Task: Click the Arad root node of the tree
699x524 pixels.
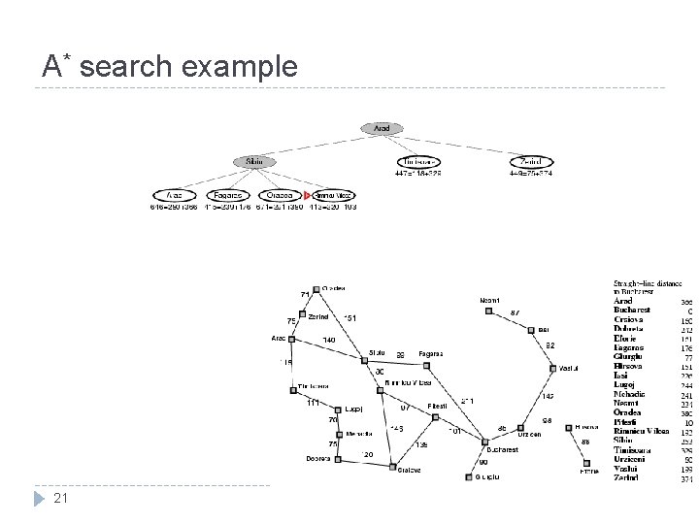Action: pos(382,128)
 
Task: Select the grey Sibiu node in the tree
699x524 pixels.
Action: pos(253,161)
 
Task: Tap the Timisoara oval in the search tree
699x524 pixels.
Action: pos(420,161)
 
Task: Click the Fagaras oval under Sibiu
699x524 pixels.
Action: pos(228,195)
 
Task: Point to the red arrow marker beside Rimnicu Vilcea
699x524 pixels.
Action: pos(307,195)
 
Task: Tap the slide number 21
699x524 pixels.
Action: pos(60,498)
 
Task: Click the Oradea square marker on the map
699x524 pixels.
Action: pos(316,288)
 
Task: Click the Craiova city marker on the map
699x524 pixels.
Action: pos(393,470)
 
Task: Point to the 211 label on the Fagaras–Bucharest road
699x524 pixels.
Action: pos(467,401)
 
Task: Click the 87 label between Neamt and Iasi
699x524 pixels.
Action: pos(515,311)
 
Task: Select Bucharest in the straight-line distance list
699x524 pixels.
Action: pos(636,311)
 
